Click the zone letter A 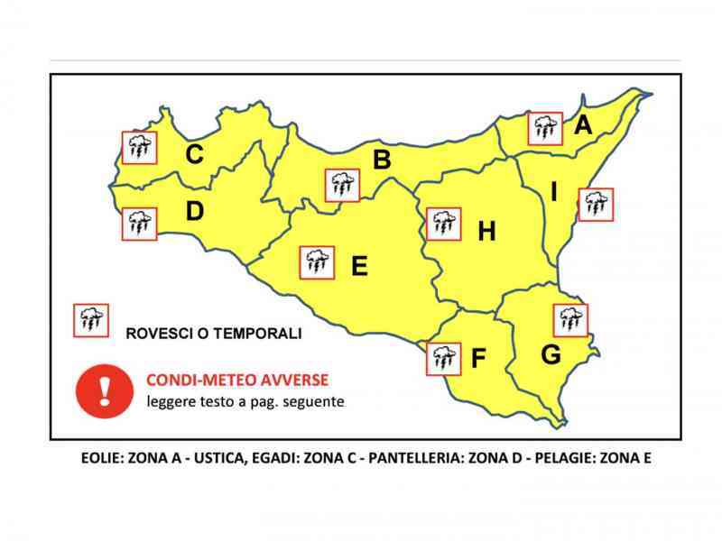click(x=583, y=125)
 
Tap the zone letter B click(x=382, y=160)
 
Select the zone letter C click(x=194, y=155)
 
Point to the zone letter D click(x=194, y=212)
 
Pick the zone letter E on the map click(x=359, y=266)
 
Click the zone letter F click(x=478, y=359)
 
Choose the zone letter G click(x=551, y=354)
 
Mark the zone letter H click(x=486, y=232)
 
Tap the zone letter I click(x=554, y=192)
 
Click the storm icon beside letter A click(x=545, y=129)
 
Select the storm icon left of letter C click(x=138, y=147)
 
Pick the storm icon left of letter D click(x=138, y=222)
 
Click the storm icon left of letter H click(x=442, y=223)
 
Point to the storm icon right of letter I click(x=596, y=205)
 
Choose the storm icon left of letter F click(x=442, y=358)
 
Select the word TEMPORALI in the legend click(x=256, y=334)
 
